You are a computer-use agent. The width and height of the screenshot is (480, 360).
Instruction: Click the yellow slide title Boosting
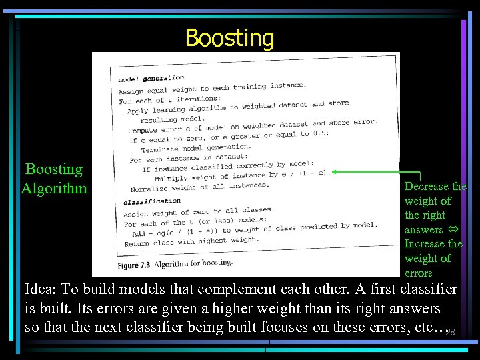(x=229, y=37)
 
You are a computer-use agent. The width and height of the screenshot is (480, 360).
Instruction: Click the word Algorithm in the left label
(x=54, y=188)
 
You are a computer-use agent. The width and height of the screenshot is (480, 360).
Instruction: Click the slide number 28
(x=450, y=332)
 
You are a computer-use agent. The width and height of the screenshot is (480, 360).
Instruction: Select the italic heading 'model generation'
(x=151, y=78)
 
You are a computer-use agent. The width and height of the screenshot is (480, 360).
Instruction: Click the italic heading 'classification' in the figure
(x=152, y=200)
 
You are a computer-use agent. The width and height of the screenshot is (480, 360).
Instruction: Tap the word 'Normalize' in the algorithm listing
(x=149, y=189)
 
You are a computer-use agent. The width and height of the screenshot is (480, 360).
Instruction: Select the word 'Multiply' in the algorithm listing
(x=171, y=179)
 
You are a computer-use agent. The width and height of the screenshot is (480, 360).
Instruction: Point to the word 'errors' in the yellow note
(x=419, y=273)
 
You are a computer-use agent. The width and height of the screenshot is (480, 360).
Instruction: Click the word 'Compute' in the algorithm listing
(x=143, y=131)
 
